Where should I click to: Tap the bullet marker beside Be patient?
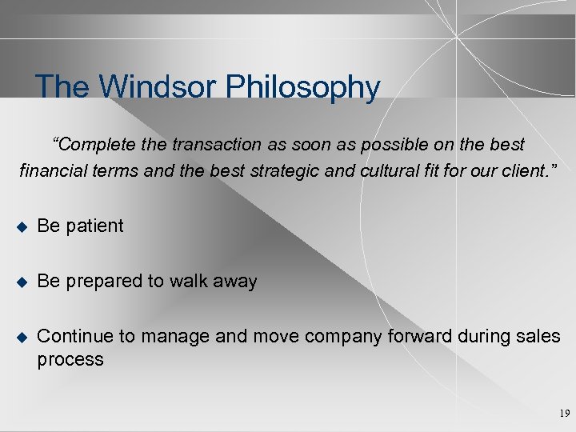[21, 226]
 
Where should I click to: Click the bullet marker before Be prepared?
[21, 282]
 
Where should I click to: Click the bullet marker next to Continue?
[21, 337]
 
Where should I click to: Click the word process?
[70, 360]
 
